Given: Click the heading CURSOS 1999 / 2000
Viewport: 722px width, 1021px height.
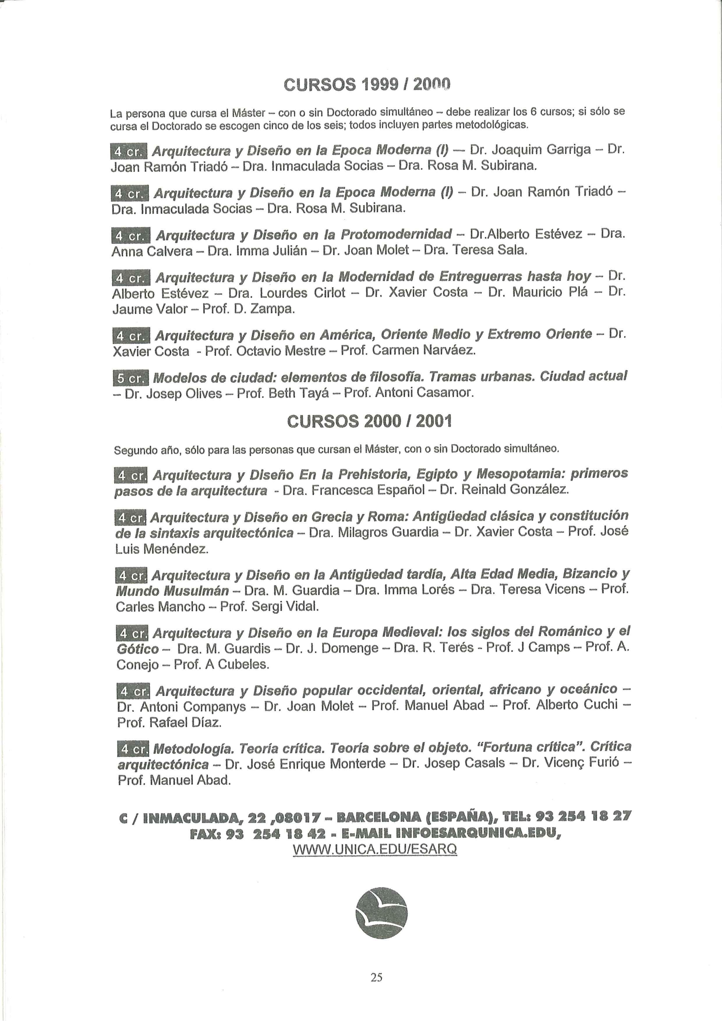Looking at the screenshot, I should [367, 84].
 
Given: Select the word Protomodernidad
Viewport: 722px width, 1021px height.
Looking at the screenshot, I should [396, 234].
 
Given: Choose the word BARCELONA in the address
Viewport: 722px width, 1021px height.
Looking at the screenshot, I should [378, 816].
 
